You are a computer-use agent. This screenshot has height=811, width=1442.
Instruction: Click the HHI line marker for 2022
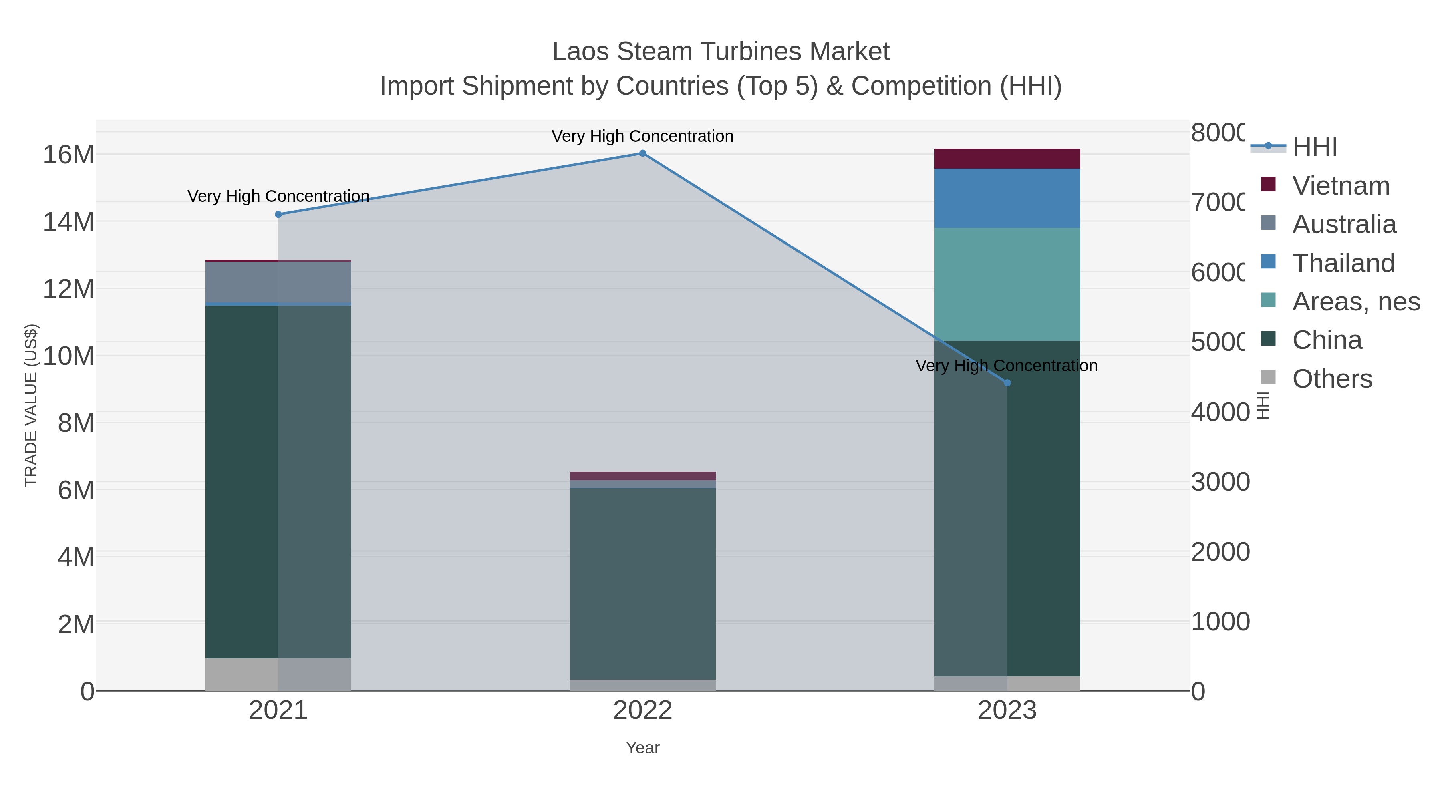642,153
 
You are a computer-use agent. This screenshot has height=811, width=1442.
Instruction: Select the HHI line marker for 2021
278,214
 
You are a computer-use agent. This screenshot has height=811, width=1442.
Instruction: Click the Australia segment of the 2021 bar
278,283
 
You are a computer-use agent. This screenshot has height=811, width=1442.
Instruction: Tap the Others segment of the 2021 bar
278,674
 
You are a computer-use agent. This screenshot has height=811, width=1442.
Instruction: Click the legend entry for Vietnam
1341,186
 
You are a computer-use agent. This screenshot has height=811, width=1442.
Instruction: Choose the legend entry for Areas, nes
1355,302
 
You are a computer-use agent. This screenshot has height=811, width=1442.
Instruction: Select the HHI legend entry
1314,147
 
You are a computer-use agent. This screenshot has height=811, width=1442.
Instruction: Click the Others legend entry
1332,379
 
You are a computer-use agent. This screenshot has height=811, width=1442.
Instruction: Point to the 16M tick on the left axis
68,155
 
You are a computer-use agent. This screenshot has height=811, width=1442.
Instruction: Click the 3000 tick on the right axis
1220,482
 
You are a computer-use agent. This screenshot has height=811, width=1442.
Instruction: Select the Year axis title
642,748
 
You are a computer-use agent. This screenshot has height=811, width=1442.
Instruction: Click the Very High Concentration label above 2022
642,136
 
